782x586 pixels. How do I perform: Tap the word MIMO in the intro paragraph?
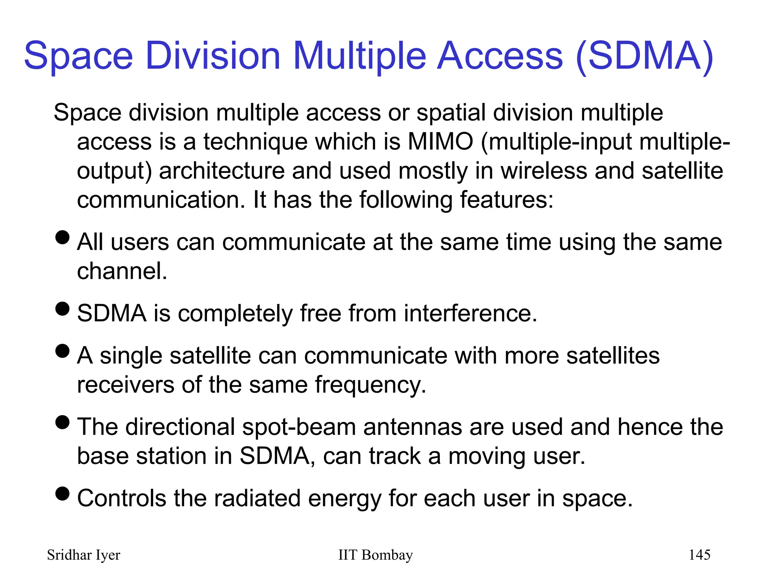click(440, 142)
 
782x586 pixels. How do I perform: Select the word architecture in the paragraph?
click(221, 171)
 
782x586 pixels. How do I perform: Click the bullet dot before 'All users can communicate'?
click(63, 237)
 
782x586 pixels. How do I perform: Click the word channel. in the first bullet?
click(122, 271)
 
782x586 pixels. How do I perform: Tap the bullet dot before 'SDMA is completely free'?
click(63, 309)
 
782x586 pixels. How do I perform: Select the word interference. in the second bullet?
click(470, 314)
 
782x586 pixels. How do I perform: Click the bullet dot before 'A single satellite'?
click(63, 351)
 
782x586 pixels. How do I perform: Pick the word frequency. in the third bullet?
click(370, 385)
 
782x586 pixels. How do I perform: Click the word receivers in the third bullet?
click(126, 385)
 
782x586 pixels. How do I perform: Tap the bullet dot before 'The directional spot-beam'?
click(63, 422)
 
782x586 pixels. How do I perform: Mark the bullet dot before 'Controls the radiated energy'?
click(63, 493)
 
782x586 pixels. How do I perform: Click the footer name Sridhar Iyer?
click(84, 555)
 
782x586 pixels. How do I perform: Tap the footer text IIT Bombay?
click(375, 555)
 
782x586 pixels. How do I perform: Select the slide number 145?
click(699, 555)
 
